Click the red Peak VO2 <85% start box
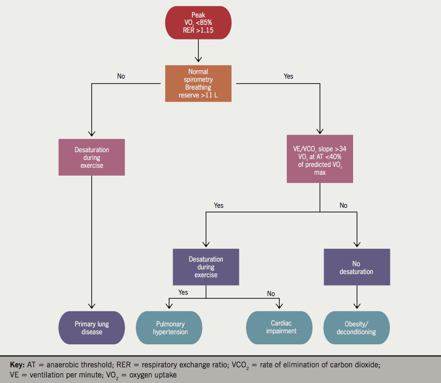(198, 23)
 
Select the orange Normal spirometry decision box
(198, 84)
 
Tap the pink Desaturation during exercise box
(92, 157)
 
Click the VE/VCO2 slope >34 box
(319, 159)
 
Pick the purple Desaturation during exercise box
(206, 267)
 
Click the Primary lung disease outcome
(92, 328)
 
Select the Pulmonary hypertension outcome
(169, 328)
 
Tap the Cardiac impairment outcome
(281, 327)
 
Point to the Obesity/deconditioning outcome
(356, 328)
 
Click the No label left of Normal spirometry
(121, 76)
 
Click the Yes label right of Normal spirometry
(288, 76)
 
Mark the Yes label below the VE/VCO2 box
(219, 206)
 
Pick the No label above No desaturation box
(343, 206)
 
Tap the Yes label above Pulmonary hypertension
(183, 292)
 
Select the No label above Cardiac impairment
(271, 294)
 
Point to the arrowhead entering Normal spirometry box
(198, 59)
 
